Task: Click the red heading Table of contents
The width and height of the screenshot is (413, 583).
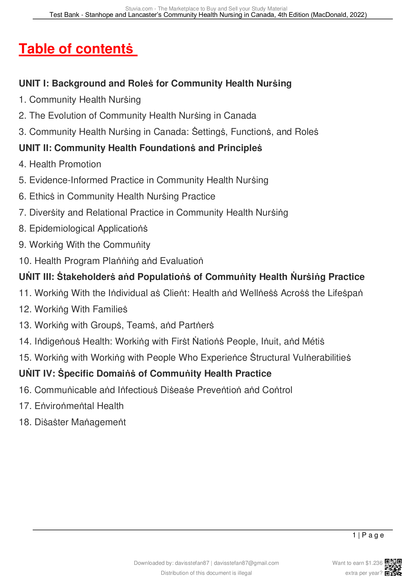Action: pos(76,49)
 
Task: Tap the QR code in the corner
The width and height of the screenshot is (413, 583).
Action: pos(393,567)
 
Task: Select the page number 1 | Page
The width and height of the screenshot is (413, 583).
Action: pos(368,535)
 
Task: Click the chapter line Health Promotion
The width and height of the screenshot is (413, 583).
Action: pos(60,164)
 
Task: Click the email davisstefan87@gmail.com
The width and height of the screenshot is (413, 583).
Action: pos(246,563)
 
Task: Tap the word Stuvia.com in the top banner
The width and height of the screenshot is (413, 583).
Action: pos(139,9)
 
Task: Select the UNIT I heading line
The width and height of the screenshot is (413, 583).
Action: pos(155,83)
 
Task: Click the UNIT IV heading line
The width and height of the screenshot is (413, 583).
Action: pos(145,374)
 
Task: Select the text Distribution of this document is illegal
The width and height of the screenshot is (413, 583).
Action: pos(206,573)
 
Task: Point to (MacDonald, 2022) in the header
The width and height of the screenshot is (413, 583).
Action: pos(339,15)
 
